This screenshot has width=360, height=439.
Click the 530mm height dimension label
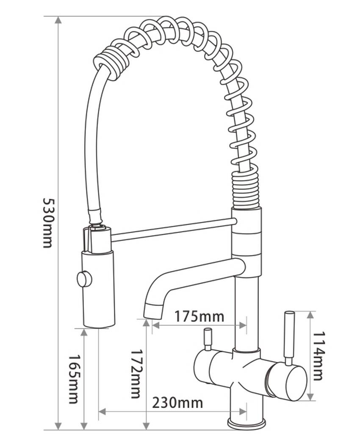[47, 223]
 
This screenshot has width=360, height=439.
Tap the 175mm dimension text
[199, 317]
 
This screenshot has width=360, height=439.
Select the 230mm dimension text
[177, 403]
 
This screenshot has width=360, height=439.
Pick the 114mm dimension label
[318, 356]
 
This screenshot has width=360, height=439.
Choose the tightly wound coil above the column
[246, 190]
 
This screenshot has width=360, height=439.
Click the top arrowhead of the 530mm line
[58, 20]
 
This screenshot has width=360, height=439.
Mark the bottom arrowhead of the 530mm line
[58, 426]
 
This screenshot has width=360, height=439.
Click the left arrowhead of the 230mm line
[102, 411]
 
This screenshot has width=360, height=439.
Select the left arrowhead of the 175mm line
[155, 325]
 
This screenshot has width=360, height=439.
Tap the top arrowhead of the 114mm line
[310, 315]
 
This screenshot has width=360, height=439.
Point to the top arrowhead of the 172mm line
[146, 323]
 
